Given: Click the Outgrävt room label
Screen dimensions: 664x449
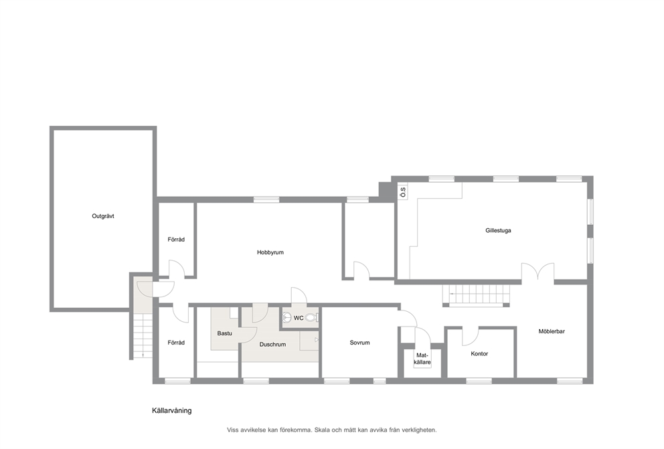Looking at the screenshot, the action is [x=103, y=216].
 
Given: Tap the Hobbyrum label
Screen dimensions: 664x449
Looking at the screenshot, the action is [x=270, y=253].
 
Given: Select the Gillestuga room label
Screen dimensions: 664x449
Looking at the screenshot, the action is [x=498, y=231].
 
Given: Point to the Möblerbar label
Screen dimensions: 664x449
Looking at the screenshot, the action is [x=552, y=331].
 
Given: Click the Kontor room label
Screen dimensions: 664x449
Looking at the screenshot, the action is [x=479, y=354].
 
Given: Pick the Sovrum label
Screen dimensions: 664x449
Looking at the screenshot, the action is [x=359, y=343].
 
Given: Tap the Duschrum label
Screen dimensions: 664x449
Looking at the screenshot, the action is [x=272, y=345].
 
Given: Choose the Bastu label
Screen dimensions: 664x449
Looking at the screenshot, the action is [x=224, y=333].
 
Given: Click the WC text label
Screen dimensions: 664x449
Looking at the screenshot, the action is [x=299, y=319].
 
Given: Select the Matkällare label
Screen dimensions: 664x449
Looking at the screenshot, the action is [x=422, y=359].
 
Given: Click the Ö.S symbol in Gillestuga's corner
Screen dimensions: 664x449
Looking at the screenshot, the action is [x=403, y=193].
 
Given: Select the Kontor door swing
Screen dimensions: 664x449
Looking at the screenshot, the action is [x=470, y=336].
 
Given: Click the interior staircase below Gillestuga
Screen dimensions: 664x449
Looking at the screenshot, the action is [x=477, y=295].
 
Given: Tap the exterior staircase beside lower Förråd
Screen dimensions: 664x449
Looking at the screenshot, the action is [x=143, y=336].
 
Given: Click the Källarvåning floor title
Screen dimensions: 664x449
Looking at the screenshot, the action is [x=171, y=410].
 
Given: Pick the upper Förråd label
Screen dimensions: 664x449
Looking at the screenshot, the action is [x=176, y=240].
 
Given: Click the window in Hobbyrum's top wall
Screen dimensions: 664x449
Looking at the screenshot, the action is [x=266, y=199].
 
